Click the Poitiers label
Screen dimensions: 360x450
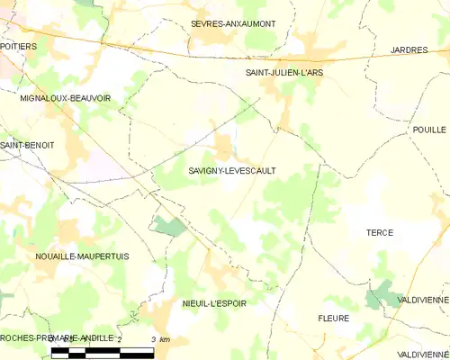(18, 44)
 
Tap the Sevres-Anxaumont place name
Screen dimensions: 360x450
(233, 23)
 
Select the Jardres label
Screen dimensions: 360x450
(409, 49)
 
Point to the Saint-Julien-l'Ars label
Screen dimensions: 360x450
(286, 70)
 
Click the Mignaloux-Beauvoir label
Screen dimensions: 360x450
(66, 98)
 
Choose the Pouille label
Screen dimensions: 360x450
(429, 130)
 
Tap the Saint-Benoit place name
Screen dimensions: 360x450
(27, 145)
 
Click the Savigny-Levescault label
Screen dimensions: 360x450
(232, 169)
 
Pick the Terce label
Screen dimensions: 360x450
(380, 232)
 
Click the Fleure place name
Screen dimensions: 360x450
(333, 319)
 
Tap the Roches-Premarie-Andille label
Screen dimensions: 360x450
(58, 337)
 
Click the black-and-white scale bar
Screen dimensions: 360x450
(102, 352)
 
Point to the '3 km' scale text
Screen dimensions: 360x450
(161, 338)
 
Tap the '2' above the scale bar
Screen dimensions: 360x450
(120, 338)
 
